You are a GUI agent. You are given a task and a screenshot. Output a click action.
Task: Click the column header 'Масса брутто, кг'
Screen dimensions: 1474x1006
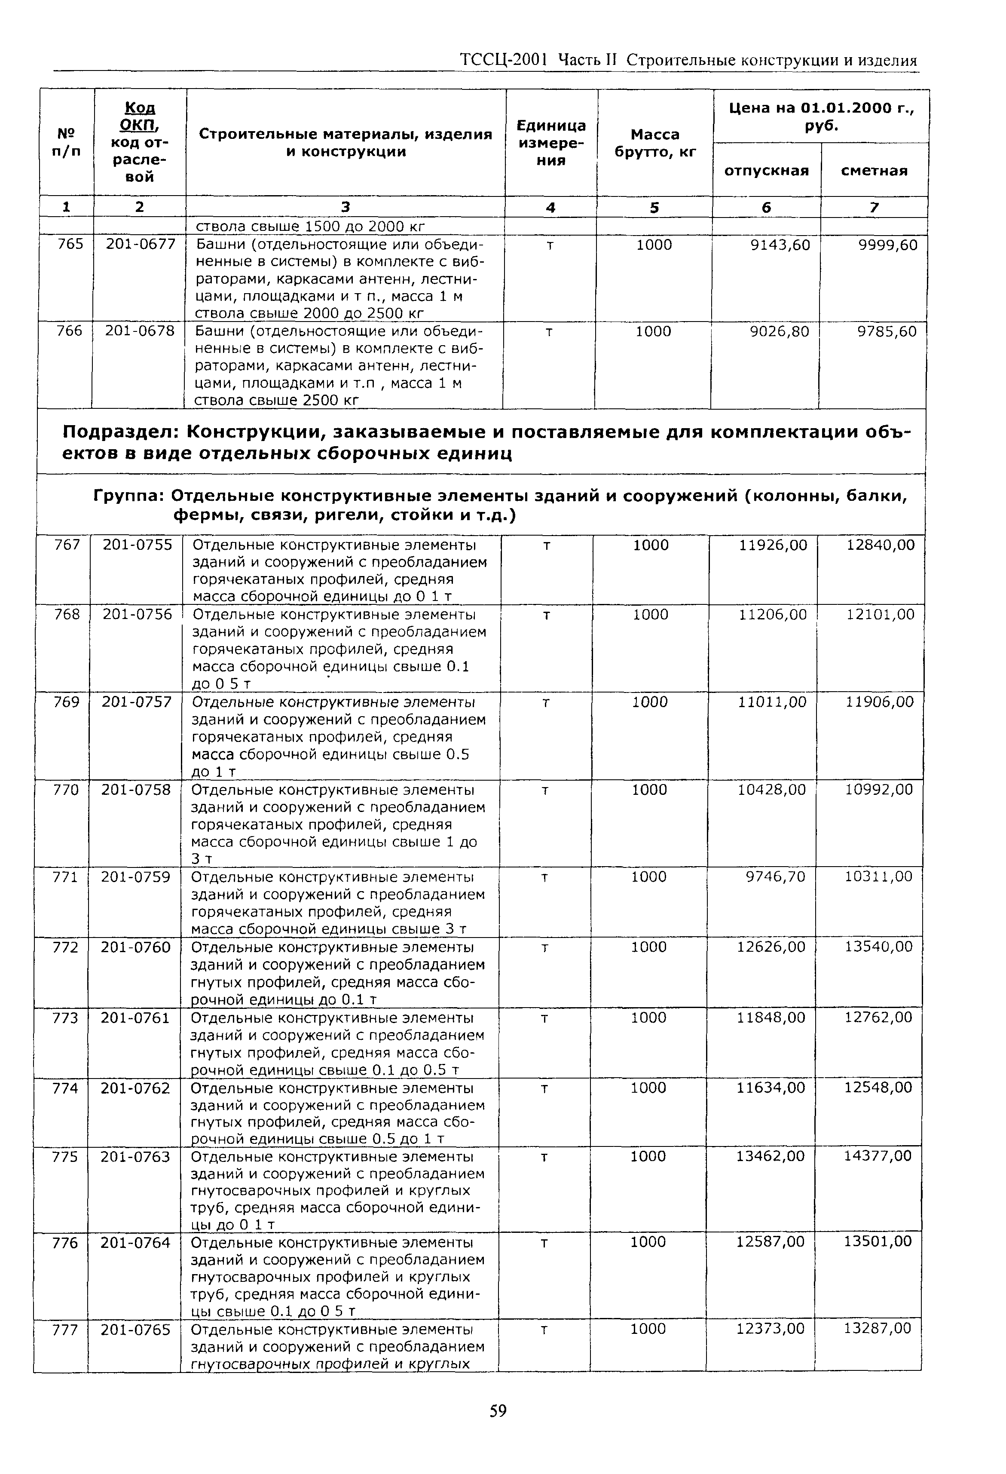(x=655, y=143)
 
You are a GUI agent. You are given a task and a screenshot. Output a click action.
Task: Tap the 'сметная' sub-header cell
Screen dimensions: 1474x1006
(x=874, y=171)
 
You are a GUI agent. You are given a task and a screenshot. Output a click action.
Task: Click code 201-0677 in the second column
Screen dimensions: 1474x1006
(x=140, y=244)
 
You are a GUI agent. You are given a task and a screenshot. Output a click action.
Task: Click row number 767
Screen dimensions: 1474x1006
(x=67, y=545)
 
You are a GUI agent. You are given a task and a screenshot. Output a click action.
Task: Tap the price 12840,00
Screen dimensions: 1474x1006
(x=881, y=545)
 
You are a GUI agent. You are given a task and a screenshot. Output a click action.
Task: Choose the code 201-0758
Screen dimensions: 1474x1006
(x=136, y=790)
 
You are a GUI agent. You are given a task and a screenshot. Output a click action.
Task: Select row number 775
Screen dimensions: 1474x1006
(x=64, y=1157)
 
